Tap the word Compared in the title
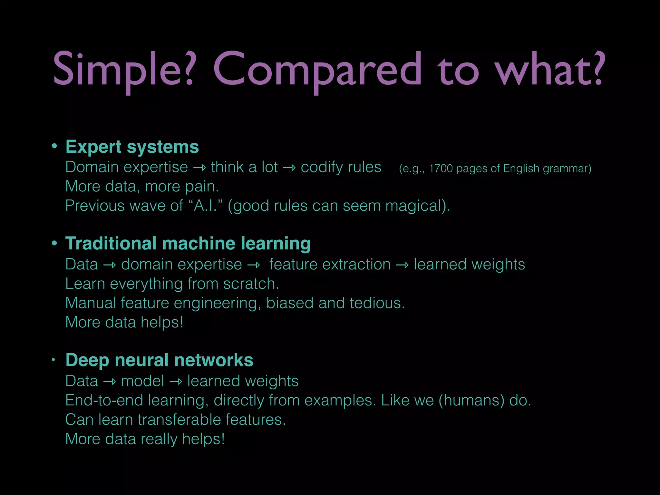pyautogui.click(x=317, y=69)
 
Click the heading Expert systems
pyautogui.click(x=132, y=147)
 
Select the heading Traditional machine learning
pyautogui.click(x=188, y=243)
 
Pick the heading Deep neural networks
pyautogui.click(x=159, y=360)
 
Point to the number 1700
pyautogui.click(x=441, y=169)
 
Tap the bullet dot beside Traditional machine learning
pyautogui.click(x=54, y=243)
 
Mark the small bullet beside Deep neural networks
pyautogui.click(x=54, y=360)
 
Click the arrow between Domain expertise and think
pyautogui.click(x=199, y=168)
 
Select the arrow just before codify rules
pyautogui.click(x=289, y=168)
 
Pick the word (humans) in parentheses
pyautogui.click(x=471, y=401)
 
